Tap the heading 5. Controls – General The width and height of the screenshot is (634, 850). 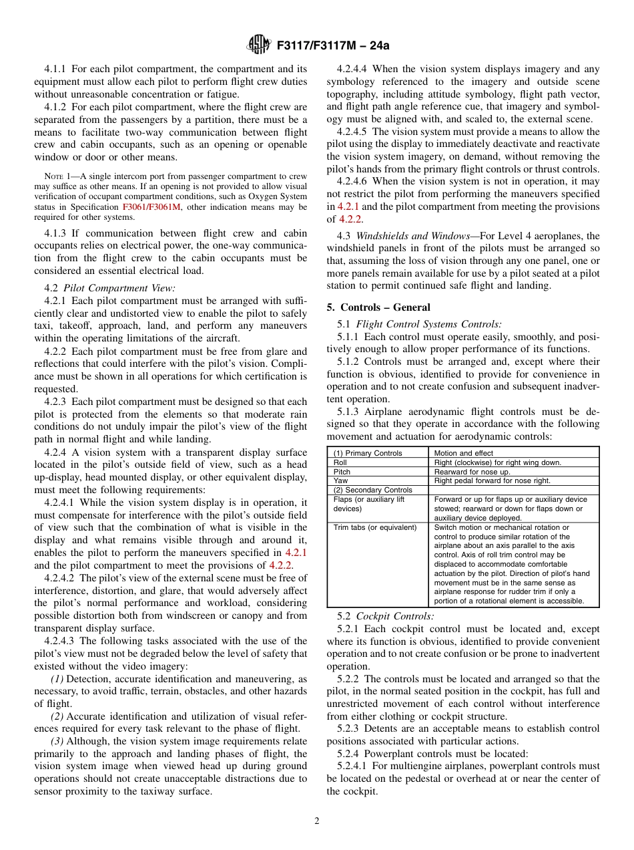click(x=378, y=307)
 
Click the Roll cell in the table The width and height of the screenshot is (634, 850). click(x=340, y=462)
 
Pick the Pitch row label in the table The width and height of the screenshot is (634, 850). click(x=342, y=472)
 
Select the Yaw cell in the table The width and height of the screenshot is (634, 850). click(x=340, y=480)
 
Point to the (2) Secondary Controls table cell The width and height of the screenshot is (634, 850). click(x=373, y=490)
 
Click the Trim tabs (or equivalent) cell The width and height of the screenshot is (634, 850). click(x=375, y=527)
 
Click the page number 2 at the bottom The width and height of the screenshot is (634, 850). click(x=317, y=821)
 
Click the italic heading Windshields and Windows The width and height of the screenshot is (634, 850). click(x=412, y=236)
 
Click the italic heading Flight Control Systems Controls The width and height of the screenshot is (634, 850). click(x=429, y=324)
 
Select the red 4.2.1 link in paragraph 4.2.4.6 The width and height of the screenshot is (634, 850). click(x=348, y=206)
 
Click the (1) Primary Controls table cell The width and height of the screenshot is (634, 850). click(x=368, y=453)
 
